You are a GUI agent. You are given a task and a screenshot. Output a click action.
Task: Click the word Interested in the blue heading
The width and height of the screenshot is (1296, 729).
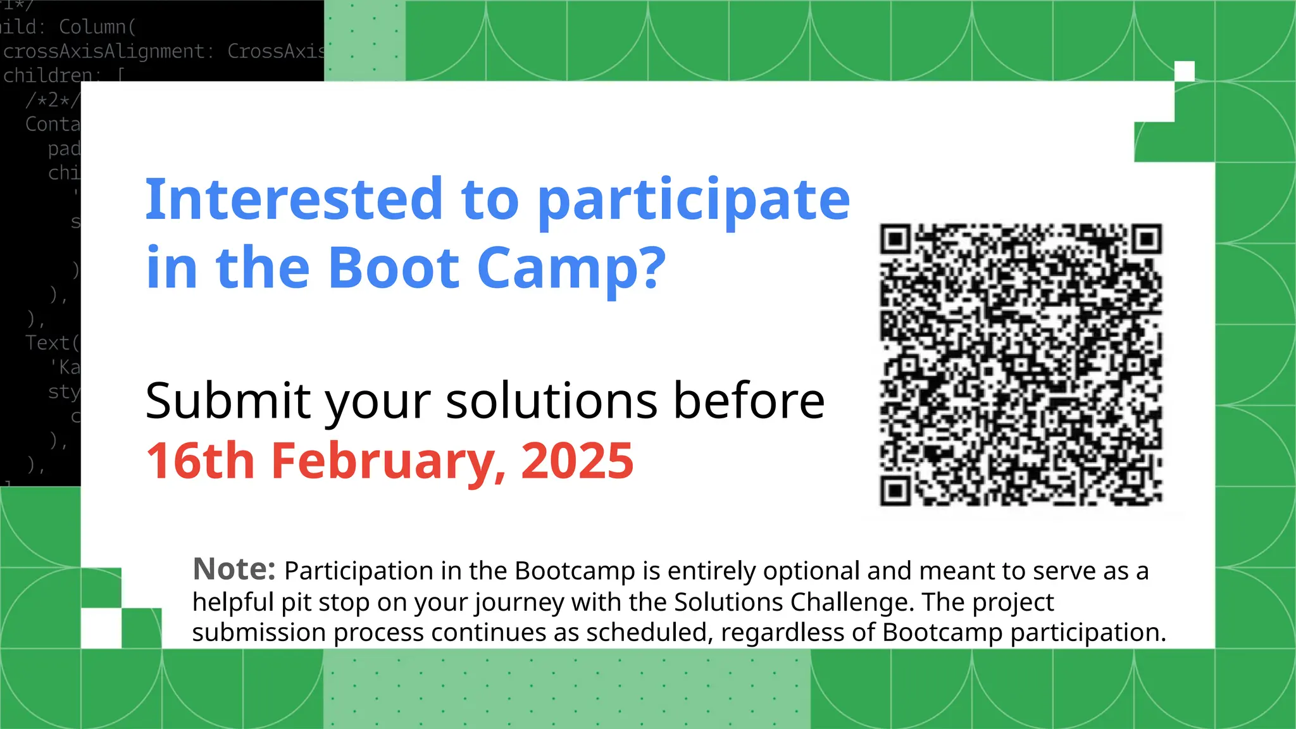point(294,199)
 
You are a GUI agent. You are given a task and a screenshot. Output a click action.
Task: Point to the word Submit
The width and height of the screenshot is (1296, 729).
point(228,401)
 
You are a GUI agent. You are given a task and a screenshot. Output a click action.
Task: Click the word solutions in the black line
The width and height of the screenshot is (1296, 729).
point(551,401)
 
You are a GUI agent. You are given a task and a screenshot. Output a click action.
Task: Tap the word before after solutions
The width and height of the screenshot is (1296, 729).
point(749,401)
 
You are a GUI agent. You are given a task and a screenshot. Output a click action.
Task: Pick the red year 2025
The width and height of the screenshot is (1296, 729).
point(576,461)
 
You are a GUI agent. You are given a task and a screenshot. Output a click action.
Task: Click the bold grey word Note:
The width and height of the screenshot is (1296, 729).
point(234,569)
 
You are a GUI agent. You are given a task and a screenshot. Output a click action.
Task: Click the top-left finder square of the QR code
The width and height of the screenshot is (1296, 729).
point(895,239)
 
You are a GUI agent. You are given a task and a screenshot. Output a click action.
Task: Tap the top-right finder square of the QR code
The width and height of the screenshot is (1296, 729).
point(1147,239)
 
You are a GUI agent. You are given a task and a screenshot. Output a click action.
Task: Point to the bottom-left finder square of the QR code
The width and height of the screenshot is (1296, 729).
point(895,490)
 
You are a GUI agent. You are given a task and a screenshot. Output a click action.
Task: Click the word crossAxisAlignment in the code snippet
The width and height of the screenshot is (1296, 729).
point(104,51)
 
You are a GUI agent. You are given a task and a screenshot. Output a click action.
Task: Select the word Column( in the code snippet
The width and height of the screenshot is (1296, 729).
point(97,27)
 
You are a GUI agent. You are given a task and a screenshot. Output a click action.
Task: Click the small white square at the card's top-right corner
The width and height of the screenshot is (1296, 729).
point(1184,71)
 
